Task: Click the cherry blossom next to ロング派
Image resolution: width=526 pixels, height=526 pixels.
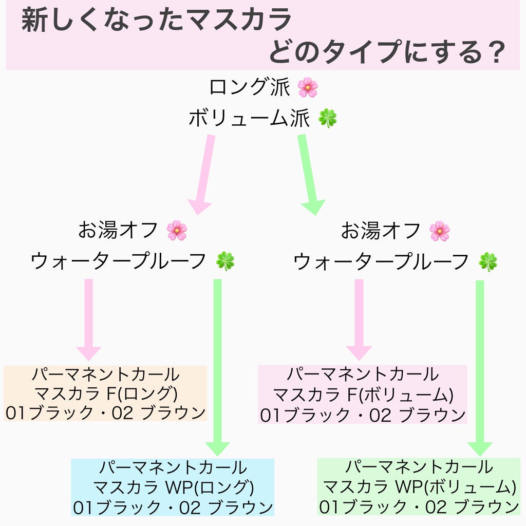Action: point(308,87)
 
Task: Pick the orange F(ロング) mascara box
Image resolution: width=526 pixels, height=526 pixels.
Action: point(105,393)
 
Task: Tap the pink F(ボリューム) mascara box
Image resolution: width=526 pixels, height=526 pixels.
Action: point(362,394)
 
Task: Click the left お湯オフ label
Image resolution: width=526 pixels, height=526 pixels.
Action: point(118,231)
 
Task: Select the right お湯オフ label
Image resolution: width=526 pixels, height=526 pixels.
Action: point(381,231)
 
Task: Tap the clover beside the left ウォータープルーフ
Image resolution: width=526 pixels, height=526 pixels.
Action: point(225,261)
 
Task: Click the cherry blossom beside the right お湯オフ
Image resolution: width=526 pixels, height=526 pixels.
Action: point(440,231)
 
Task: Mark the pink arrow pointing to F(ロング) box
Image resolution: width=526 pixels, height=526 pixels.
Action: point(89,318)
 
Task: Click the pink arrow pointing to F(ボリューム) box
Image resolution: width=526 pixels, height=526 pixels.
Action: point(359,318)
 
